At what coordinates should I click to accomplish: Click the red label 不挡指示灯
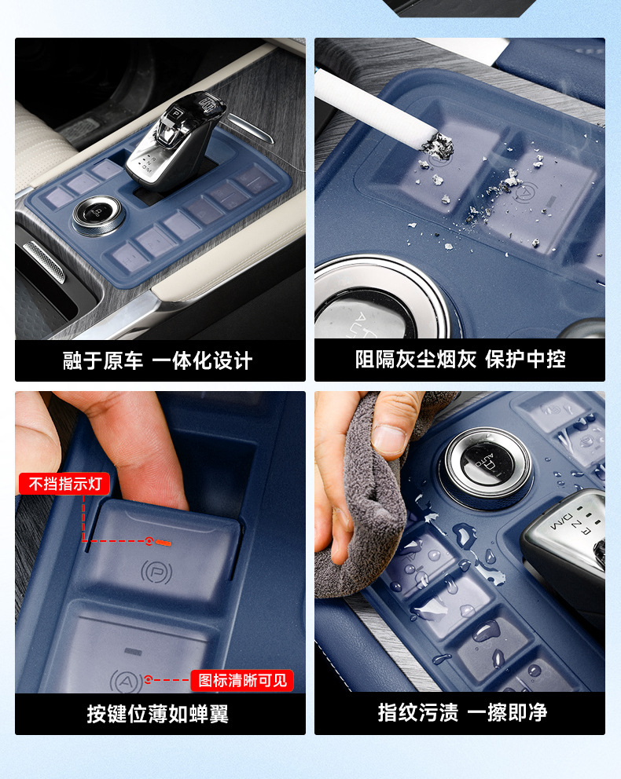pos(64,484)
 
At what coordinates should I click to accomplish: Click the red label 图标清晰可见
pos(242,680)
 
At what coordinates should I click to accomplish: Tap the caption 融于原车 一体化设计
pos(158,360)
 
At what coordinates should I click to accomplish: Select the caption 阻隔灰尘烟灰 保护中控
pos(460,359)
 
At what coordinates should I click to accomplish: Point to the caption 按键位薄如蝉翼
pos(158,714)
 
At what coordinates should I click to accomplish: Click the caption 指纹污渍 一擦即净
pos(462,712)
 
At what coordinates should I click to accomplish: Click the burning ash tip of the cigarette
pos(438,145)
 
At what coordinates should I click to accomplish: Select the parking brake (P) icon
pos(156,572)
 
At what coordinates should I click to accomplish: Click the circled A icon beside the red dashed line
pos(125,681)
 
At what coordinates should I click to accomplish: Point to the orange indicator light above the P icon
pos(164,543)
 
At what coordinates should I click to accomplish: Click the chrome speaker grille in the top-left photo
pos(44,261)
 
